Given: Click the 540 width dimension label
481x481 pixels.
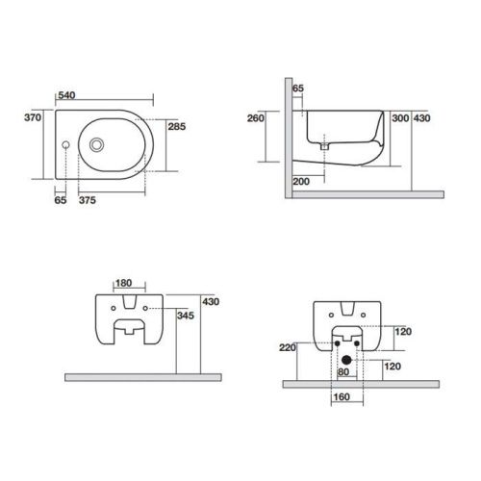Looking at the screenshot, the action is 66,95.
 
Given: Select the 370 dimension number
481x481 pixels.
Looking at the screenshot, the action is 33,117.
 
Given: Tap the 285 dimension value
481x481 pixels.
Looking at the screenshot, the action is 177,126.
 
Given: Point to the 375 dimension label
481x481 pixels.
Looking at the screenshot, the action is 88,200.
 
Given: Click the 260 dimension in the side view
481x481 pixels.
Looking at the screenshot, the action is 256,118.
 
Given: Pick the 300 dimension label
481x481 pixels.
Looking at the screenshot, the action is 400,118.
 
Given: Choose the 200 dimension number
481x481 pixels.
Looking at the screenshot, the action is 301,182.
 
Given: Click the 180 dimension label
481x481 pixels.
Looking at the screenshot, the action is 124,283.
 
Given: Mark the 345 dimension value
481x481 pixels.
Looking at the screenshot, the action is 186,316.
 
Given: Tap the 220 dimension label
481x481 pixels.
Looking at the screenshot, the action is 288,347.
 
